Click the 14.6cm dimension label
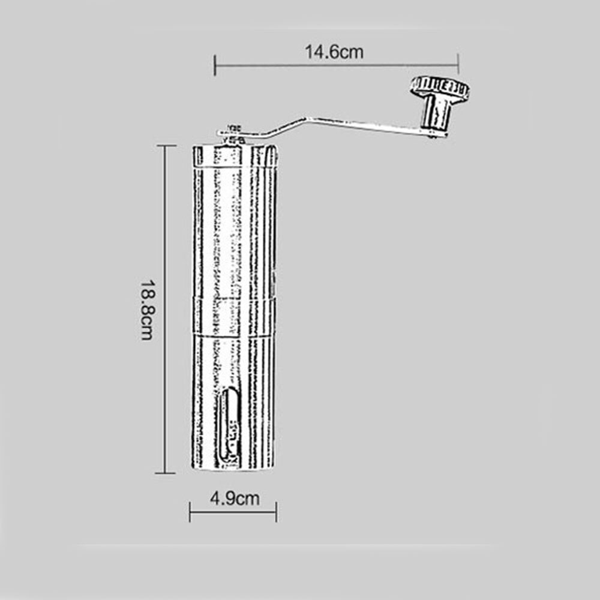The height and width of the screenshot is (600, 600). (334, 52)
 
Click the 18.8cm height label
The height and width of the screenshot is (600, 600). (147, 309)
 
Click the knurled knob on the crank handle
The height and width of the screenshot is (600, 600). (440, 88)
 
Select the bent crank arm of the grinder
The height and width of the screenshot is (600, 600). (336, 124)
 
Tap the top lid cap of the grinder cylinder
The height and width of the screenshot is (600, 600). (235, 155)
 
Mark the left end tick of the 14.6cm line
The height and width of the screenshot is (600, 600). (215, 64)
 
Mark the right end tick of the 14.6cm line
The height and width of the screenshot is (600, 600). (458, 64)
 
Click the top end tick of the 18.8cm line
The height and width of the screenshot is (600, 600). (166, 145)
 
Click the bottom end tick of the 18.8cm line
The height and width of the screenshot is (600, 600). (166, 473)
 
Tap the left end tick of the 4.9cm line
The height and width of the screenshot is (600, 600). (190, 512)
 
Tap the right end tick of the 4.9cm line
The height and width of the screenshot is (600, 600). (276, 512)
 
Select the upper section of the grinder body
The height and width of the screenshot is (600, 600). (234, 228)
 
